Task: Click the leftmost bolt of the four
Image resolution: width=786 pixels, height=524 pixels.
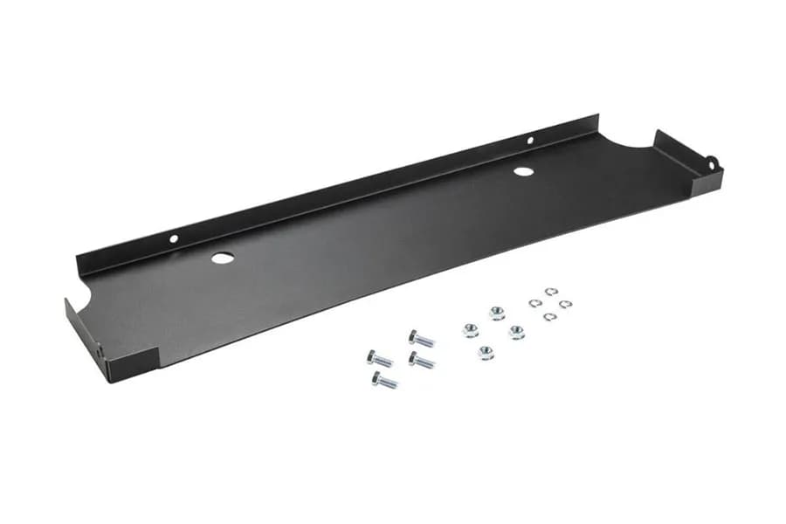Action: [x=379, y=358]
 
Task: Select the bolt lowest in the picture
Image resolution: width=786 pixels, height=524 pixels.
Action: [x=384, y=381]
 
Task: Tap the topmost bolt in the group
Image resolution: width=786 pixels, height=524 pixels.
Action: [x=421, y=338]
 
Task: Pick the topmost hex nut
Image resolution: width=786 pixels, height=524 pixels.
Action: [x=497, y=313]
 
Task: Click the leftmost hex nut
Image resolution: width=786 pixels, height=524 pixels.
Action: [x=470, y=330]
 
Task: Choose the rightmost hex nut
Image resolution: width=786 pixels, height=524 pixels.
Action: [x=516, y=332]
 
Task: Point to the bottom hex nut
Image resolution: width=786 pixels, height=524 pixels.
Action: [x=486, y=353]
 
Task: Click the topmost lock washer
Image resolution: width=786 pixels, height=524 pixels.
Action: [x=551, y=292]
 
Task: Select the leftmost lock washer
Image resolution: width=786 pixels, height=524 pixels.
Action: [x=534, y=303]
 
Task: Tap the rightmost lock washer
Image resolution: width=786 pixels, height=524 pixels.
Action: [x=565, y=304]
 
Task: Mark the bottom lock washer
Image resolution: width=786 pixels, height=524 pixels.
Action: [x=548, y=316]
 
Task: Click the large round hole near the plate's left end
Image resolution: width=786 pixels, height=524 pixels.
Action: [x=222, y=259]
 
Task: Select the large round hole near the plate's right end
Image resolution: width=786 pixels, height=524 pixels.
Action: [x=523, y=170]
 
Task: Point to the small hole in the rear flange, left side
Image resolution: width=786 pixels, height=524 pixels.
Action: [x=174, y=238]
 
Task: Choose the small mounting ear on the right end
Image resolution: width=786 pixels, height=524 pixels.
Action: [x=713, y=162]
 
